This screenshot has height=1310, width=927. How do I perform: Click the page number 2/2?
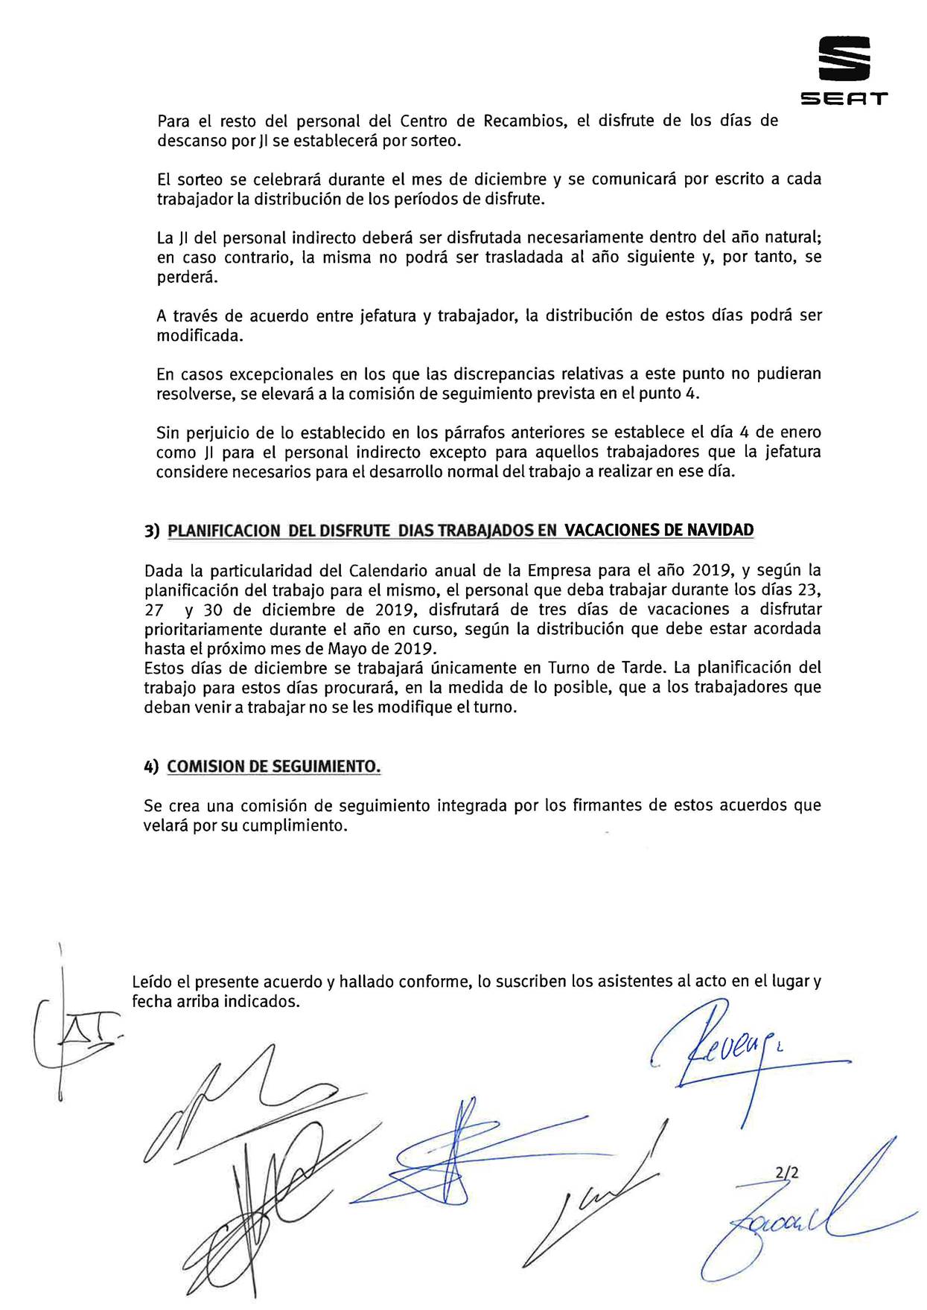coord(786,1172)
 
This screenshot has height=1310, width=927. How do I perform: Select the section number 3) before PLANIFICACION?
coord(153,531)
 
